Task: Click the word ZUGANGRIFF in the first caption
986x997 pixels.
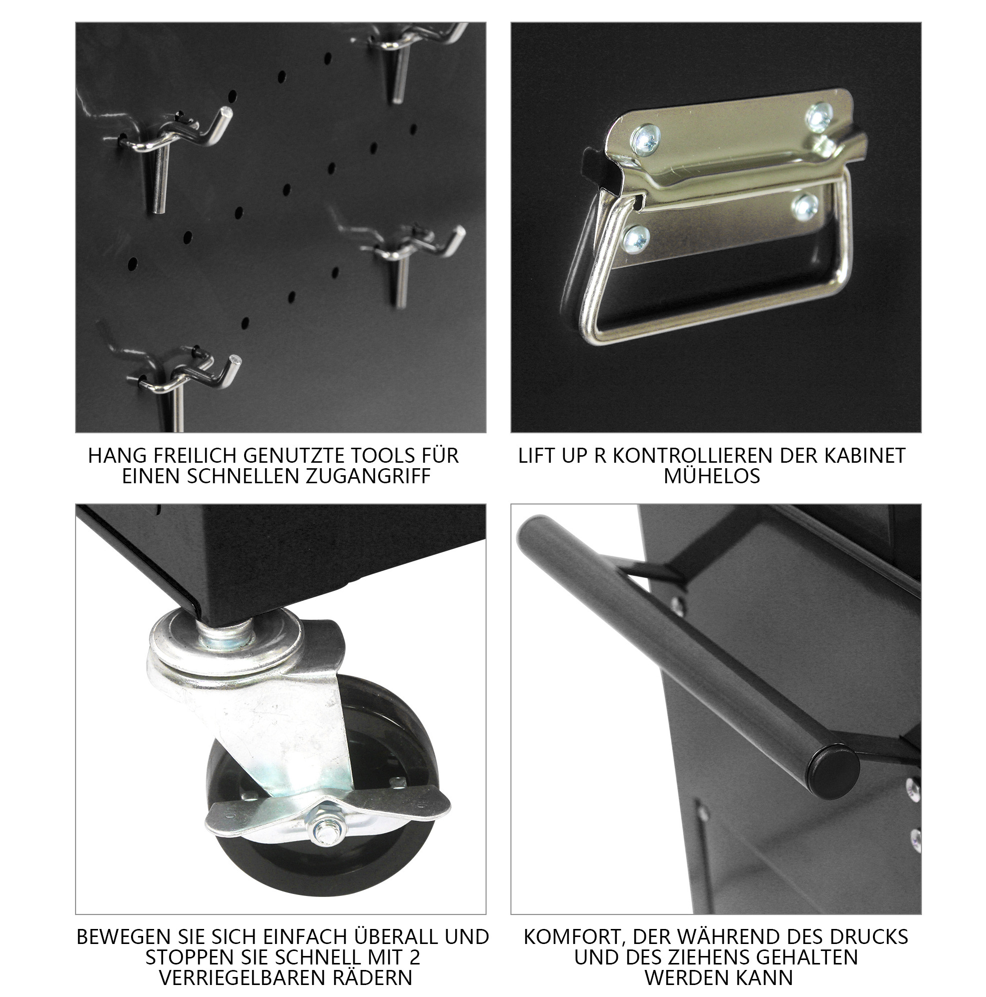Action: pyautogui.click(x=368, y=476)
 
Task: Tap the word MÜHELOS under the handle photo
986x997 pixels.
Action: pyautogui.click(x=711, y=476)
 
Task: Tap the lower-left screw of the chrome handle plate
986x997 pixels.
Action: pyautogui.click(x=635, y=239)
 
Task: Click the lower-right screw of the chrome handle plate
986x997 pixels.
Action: pyautogui.click(x=805, y=208)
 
